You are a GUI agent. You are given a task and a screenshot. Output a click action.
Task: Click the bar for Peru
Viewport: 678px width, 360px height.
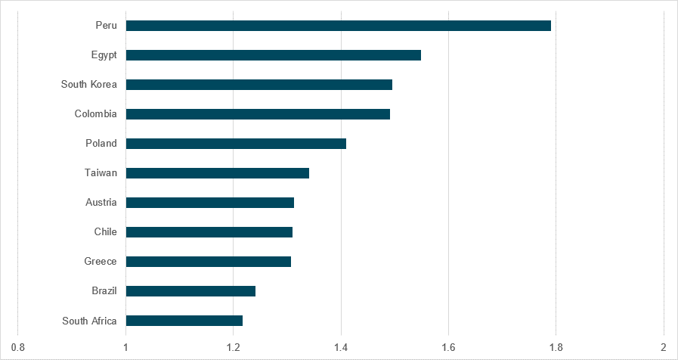(338, 26)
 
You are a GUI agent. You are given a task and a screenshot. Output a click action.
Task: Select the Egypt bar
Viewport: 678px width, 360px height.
(273, 55)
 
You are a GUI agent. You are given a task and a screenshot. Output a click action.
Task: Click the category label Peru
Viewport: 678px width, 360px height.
(106, 26)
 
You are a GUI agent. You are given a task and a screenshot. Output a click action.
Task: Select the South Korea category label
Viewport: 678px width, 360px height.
(89, 85)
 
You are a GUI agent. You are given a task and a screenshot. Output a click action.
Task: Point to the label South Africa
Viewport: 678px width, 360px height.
(89, 321)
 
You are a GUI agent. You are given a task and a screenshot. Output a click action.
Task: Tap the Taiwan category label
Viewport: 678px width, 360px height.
(101, 173)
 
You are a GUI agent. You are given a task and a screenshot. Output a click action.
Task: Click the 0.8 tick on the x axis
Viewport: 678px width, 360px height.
(18, 347)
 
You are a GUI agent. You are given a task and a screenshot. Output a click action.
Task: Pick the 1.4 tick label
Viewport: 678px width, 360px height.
(341, 347)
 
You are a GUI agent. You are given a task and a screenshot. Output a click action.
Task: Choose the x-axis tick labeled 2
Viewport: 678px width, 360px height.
(664, 347)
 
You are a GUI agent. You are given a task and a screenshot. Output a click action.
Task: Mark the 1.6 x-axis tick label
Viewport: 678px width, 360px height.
(448, 347)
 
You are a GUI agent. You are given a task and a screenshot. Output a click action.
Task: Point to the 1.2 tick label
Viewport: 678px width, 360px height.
(234, 347)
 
